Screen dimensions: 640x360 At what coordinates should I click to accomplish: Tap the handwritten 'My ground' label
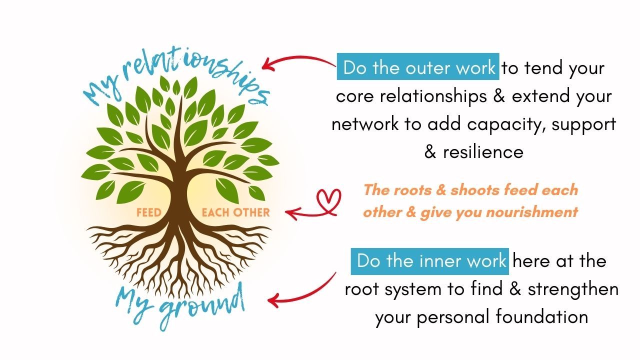[180, 302]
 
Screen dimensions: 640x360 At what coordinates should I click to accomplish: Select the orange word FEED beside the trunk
[149, 212]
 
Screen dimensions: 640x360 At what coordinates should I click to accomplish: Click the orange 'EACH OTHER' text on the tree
[235, 212]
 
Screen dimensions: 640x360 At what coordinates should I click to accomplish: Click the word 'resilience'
[483, 151]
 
